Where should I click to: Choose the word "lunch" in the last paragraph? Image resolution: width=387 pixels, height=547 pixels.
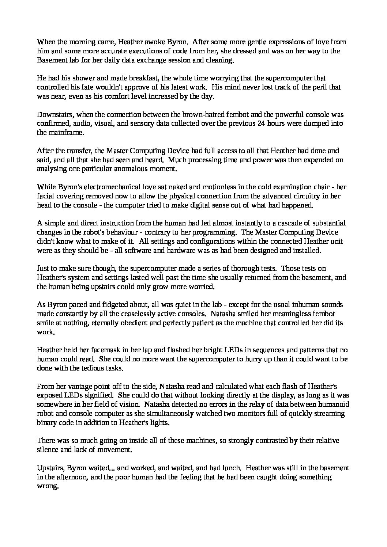[x=231, y=468]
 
